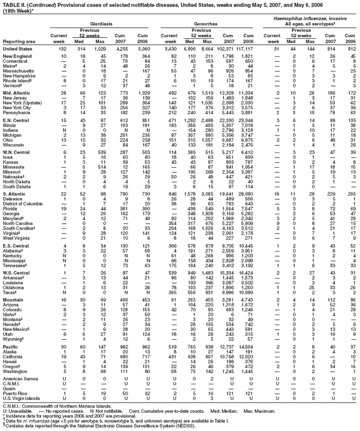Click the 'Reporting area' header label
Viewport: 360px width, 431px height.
[x=19, y=41]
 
